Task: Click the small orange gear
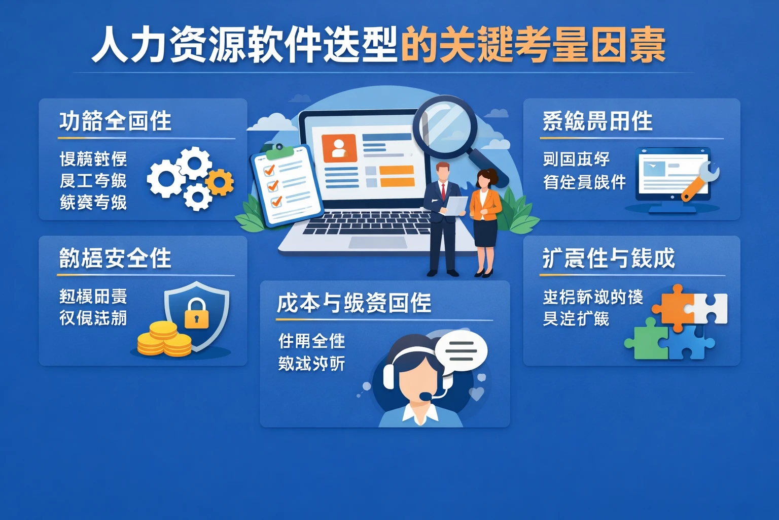[220, 182]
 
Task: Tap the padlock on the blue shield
[196, 313]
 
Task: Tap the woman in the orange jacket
[485, 218]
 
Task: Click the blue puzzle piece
[690, 343]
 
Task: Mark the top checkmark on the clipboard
[269, 170]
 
